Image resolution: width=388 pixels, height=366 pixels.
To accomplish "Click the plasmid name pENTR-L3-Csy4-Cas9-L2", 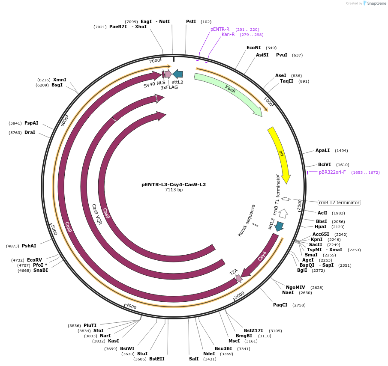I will point(174,184).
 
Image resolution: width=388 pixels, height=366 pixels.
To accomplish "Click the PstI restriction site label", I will point(191,21).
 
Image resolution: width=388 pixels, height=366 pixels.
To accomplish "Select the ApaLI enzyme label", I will point(323,150).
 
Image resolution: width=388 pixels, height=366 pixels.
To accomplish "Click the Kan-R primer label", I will point(228,34).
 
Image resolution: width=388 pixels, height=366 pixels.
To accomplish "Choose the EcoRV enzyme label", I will point(34,260).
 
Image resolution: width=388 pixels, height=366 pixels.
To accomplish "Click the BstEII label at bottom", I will point(156,359).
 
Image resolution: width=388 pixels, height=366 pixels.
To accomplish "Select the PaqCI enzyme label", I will point(280,305).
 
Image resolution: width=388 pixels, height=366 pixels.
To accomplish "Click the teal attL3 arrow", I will point(279,226).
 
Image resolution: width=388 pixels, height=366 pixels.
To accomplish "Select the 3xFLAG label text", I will point(169,87).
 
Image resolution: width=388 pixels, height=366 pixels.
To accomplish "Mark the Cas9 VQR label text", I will point(97,214).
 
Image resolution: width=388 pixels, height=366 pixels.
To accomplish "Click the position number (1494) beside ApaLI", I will point(341,151).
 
